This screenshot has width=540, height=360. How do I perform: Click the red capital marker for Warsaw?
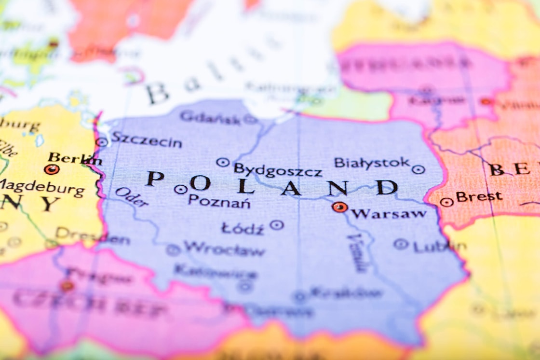339,207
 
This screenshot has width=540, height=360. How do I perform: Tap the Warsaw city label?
389,213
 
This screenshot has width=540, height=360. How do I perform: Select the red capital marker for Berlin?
51,169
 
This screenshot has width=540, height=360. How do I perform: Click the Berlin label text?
75,158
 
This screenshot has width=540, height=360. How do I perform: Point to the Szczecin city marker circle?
101,142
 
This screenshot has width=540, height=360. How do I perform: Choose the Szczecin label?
147,140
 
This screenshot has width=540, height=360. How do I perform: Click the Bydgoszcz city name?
278,170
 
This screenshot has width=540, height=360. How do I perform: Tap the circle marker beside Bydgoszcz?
222,163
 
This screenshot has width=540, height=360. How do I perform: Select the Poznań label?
219,201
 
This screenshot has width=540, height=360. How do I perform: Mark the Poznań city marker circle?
180,190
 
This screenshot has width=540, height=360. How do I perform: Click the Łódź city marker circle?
276,224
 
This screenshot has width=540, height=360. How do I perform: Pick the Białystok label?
372,163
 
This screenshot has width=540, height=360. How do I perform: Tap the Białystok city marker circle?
418,169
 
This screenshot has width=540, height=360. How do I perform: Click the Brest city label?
479,197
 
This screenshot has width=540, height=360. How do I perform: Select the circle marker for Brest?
446,202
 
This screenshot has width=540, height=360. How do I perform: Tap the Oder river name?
131,196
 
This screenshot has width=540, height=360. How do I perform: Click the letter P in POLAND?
155,179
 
